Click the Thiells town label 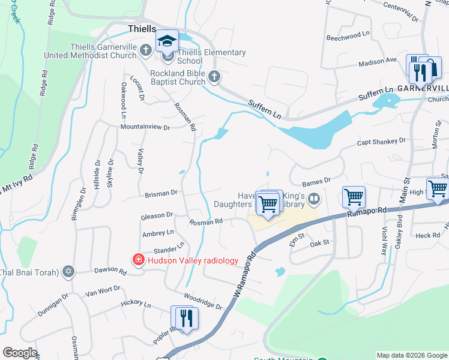coord(142,29)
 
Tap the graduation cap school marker coord(167,41)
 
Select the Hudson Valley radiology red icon coord(138,260)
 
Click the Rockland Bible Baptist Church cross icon coord(214,76)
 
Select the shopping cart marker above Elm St coord(354,196)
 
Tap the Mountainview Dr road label coord(145,127)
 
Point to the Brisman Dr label coord(160,193)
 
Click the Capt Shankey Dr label coord(381,141)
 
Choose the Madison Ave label coord(378,61)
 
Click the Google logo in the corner coord(20,353)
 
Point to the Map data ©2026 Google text coord(411,355)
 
